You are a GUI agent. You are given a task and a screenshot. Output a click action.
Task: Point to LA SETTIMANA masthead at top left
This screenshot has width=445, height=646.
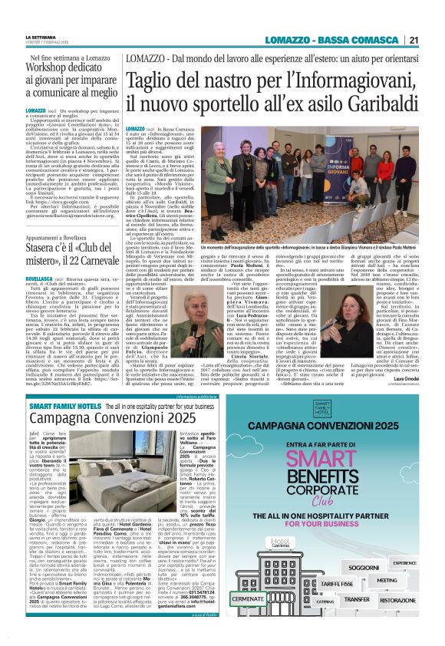[41, 38]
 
